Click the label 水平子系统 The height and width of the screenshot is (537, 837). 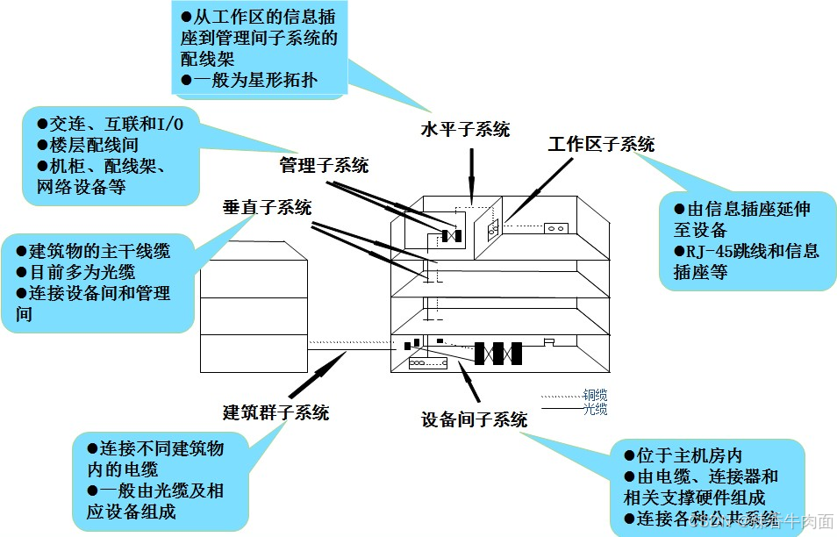[x=465, y=130]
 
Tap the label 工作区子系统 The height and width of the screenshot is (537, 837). [x=601, y=145]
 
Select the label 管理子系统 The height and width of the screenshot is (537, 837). [x=324, y=165]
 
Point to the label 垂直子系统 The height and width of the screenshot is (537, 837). [x=267, y=207]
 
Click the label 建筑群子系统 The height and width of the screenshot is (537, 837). [x=275, y=412]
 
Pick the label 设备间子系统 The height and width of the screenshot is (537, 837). [x=475, y=419]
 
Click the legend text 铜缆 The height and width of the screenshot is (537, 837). [x=595, y=395]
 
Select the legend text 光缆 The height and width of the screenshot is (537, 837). [x=595, y=409]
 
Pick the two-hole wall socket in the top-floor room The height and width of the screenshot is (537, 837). [x=556, y=229]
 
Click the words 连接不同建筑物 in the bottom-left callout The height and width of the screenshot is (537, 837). [x=161, y=448]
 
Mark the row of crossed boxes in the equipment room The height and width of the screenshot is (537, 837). [x=497, y=353]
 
